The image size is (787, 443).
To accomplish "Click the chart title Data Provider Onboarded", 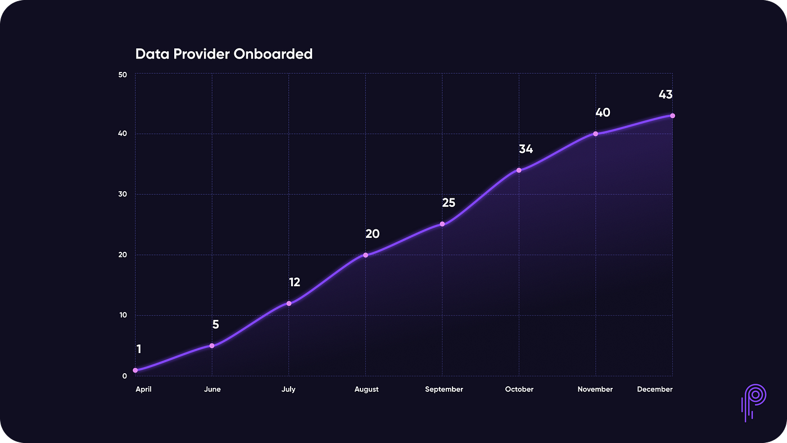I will [224, 55].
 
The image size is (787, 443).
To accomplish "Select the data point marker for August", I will [365, 255].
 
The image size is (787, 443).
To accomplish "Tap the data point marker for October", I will [519, 170].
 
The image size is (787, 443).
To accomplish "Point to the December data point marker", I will [672, 116].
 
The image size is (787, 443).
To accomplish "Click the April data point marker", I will [135, 370].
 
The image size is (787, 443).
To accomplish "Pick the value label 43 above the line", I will [666, 94].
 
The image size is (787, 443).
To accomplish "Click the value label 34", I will [526, 149].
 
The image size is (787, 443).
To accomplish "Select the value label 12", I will [295, 282].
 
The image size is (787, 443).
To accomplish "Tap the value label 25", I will [448, 203].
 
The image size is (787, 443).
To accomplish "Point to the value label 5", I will [215, 324].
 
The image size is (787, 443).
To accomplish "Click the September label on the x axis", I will [444, 389].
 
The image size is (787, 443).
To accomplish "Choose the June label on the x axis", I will [212, 389].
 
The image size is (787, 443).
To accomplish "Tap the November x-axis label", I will [595, 389].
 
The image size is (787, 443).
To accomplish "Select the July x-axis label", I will [288, 389].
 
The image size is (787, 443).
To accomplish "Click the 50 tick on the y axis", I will [123, 75].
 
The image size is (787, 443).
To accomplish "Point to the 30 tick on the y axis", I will [123, 195].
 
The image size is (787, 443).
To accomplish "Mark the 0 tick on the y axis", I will [125, 376].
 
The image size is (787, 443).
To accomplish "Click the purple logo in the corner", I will [752, 402].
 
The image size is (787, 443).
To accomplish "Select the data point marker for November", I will [595, 134].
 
